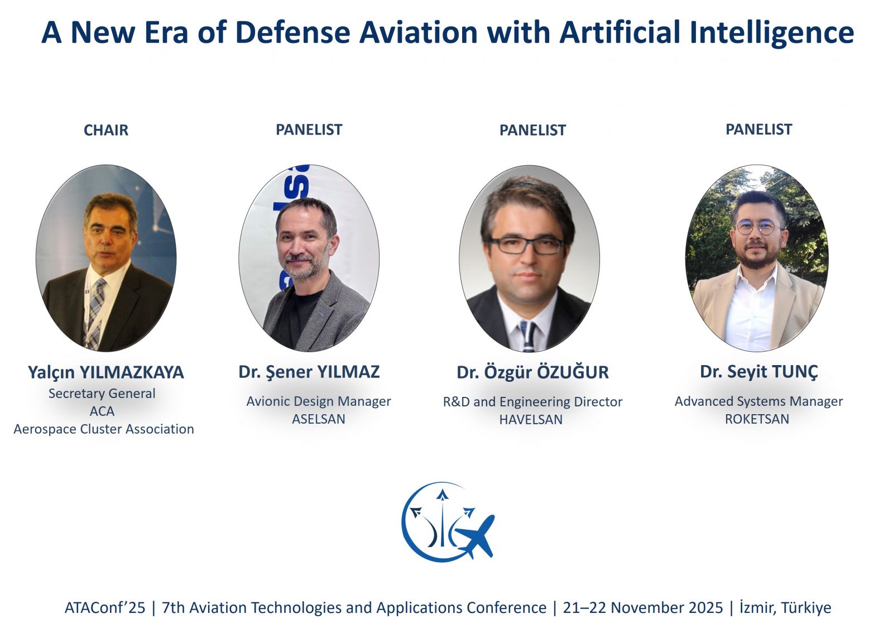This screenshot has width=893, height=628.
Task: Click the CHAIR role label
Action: pos(105,130)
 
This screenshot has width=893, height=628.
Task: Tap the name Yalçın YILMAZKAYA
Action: pos(105,372)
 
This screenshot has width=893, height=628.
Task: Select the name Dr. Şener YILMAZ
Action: pos(309,372)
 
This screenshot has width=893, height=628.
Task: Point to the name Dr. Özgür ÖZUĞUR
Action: pos(532,372)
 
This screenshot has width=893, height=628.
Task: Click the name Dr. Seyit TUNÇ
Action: pos(758,372)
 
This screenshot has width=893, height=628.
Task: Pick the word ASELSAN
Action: pos(319,419)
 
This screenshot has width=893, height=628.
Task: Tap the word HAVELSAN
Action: pos(531,419)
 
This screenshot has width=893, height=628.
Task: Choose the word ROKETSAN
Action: pos(757,419)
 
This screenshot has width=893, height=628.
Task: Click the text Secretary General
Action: pos(102,394)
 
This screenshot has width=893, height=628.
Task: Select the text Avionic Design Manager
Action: pos(319,401)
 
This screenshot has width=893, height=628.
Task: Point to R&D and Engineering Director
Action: pos(532,402)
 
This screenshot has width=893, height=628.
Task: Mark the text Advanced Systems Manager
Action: pos(758,401)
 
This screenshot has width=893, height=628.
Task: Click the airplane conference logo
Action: pos(448,522)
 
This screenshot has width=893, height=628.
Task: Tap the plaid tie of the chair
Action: pos(94,313)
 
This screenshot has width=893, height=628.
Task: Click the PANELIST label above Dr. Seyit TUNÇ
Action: pos(758,130)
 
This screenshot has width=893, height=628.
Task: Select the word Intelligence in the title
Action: pos(772,33)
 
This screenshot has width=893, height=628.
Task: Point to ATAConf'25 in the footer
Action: pos(105,608)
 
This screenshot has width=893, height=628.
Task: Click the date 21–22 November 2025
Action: pos(642,608)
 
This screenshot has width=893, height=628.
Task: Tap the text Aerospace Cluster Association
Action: pos(104,429)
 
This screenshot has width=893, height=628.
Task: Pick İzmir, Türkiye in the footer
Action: pos(785,608)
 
